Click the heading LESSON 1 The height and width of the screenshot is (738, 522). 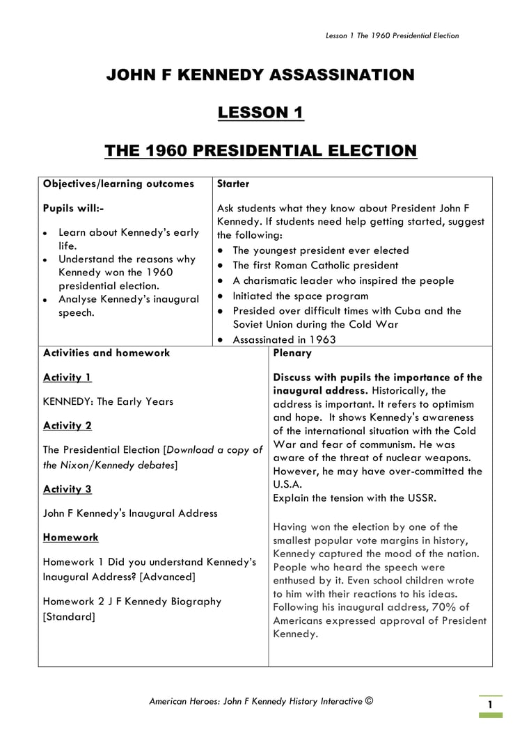260,113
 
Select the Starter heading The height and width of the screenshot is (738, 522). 233,184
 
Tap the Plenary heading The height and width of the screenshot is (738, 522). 292,353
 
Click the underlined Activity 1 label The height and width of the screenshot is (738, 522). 68,378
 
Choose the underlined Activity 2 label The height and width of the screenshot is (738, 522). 68,426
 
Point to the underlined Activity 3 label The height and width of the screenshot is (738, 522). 68,489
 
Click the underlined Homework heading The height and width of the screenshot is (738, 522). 70,538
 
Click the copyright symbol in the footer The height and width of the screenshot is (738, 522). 370,701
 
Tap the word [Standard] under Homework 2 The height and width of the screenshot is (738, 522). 69,617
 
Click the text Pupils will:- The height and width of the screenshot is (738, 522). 74,208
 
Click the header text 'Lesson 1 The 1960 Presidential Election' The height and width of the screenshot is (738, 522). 393,36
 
